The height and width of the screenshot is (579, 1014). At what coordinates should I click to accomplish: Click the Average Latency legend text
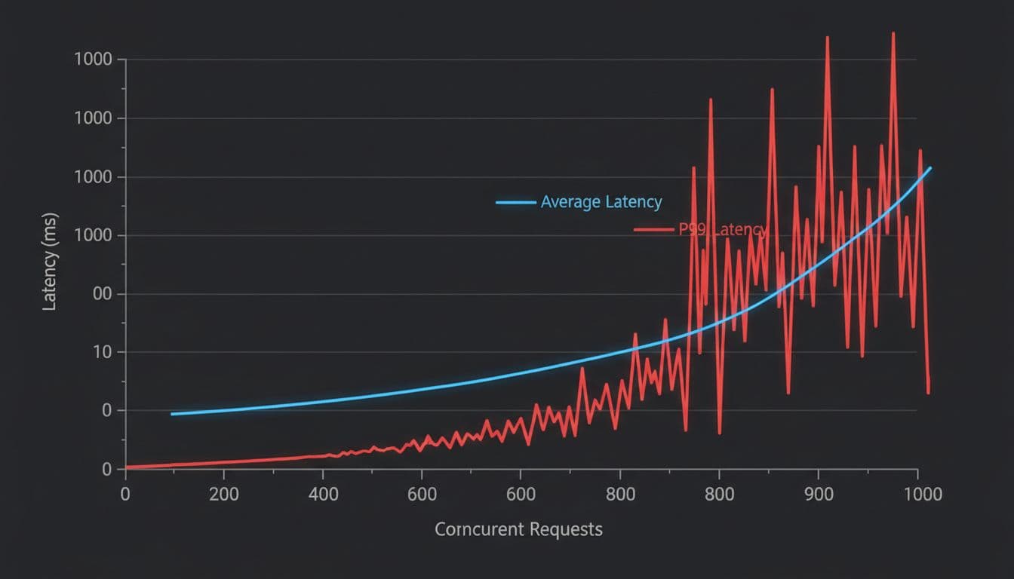[x=601, y=202]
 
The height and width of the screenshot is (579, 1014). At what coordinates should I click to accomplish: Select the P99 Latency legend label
[x=722, y=230]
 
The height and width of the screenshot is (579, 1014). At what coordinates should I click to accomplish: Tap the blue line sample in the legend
[x=517, y=202]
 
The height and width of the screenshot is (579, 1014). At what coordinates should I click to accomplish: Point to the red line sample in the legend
[x=653, y=230]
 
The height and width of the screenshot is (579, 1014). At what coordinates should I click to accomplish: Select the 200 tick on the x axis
[x=223, y=495]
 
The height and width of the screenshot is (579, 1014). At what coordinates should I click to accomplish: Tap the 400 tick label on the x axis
[x=323, y=495]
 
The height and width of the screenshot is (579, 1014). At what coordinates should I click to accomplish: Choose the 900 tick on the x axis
[x=819, y=495]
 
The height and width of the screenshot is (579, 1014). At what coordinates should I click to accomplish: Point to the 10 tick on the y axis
[x=103, y=353]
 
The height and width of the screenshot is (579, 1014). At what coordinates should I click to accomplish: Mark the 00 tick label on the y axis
[x=103, y=294]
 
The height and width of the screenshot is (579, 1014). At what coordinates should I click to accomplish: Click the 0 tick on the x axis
[x=125, y=495]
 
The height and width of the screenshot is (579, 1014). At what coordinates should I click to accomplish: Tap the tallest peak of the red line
[x=893, y=33]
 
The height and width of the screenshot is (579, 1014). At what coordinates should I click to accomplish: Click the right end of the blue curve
[x=930, y=168]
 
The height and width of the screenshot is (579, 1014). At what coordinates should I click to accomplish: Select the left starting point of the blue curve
[x=172, y=414]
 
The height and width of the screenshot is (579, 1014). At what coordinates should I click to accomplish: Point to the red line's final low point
[x=928, y=392]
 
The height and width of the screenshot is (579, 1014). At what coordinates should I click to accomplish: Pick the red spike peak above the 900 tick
[x=828, y=37]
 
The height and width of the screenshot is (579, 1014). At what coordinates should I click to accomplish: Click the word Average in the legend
[x=570, y=202]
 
